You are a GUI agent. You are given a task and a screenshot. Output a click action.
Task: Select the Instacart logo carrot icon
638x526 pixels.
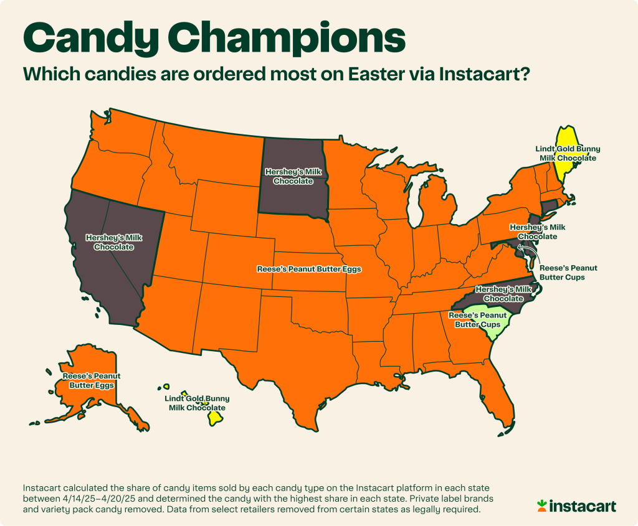pos(543,506)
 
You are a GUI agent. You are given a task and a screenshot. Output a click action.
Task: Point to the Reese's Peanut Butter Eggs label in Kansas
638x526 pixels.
pos(309,270)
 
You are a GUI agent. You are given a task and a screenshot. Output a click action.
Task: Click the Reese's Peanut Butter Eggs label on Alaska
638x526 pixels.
pos(91,381)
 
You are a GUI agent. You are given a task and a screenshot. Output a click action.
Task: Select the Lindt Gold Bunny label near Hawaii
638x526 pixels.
pos(197,403)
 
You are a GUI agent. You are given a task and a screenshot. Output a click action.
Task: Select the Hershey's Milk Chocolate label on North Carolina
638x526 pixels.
pos(503,294)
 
